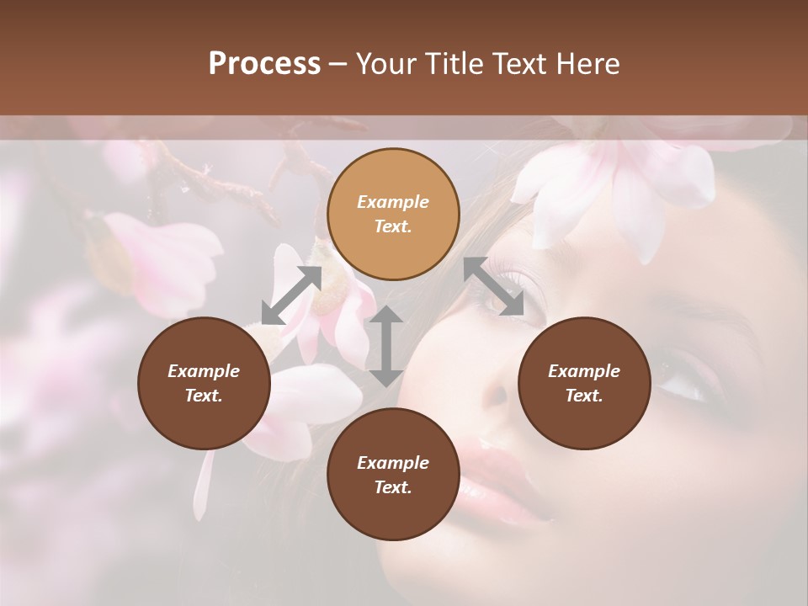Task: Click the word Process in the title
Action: [264, 64]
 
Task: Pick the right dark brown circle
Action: [583, 417]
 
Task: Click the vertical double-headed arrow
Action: [386, 346]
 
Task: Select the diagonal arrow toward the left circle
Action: [291, 295]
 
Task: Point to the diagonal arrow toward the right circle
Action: [493, 286]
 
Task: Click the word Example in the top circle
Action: [393, 202]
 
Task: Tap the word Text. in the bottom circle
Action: [393, 487]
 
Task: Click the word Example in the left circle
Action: [204, 371]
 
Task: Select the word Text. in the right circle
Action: [583, 396]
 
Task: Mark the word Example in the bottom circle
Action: [393, 463]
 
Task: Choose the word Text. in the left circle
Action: [204, 396]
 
